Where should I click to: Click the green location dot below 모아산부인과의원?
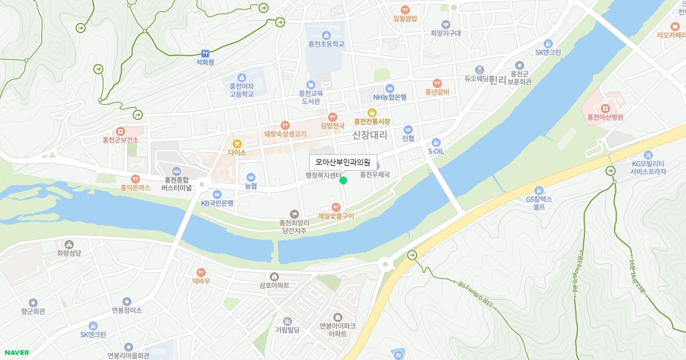[x=344, y=181]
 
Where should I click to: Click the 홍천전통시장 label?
[x=372, y=122]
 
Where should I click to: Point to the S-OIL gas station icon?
[x=436, y=142]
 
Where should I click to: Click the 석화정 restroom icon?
[x=205, y=53]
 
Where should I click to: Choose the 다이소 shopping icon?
[x=237, y=143]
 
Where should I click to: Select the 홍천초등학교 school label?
[x=326, y=44]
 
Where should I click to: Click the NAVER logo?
[x=17, y=353]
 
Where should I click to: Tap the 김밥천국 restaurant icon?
[x=333, y=117]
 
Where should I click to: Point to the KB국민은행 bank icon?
[x=217, y=194]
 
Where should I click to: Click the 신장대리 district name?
[x=369, y=135]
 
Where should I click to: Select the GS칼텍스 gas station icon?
[x=539, y=190]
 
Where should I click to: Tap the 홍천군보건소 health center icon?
[x=121, y=131]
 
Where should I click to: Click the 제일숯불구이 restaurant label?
[x=336, y=216]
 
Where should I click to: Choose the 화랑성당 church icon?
[x=69, y=244]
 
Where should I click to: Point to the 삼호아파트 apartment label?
[x=274, y=285]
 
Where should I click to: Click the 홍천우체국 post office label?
[x=374, y=175]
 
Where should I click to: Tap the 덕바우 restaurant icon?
[x=201, y=272]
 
